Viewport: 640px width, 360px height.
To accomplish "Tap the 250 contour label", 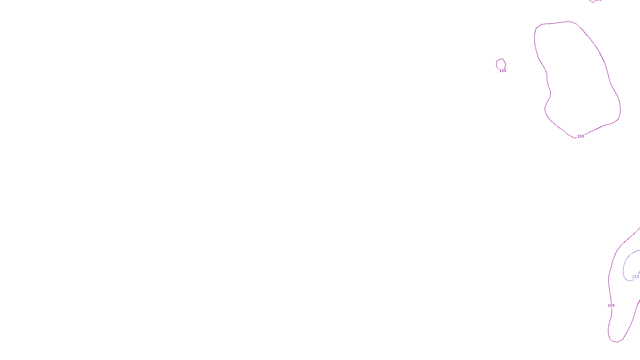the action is [636, 277].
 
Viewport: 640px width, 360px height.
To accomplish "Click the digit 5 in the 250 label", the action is [636, 277].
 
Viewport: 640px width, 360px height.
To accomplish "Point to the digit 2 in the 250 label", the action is [633, 277].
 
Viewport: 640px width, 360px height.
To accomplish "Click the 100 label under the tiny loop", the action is [503, 71].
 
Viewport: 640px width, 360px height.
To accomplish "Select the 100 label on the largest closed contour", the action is [581, 136].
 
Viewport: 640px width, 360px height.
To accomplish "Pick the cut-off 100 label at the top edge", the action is [598, 1].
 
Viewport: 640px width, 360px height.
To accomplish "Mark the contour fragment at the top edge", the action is [591, 1].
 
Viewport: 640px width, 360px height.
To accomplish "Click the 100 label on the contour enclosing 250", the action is [611, 306].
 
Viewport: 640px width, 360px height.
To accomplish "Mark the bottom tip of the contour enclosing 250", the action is [616, 342].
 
